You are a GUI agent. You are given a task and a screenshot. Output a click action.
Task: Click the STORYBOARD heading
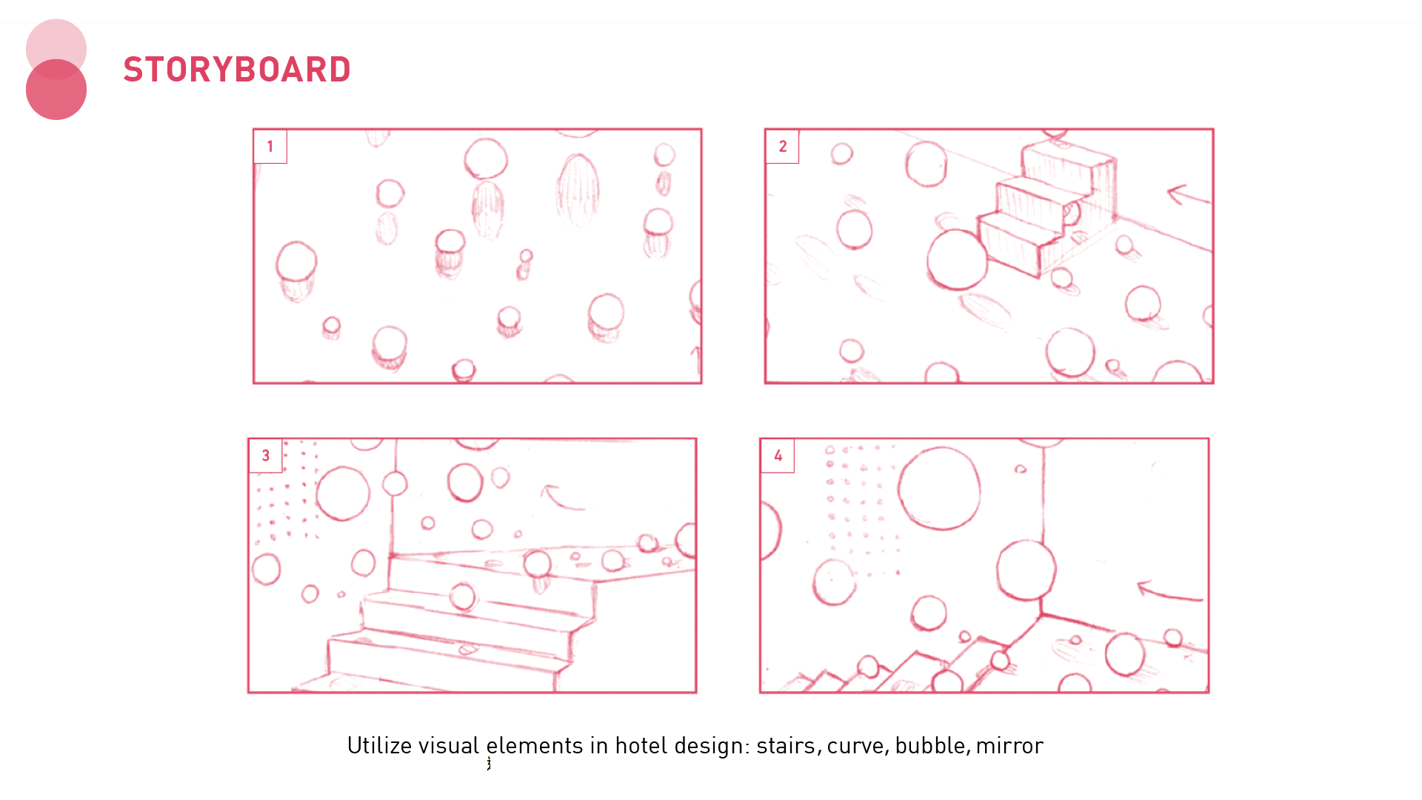point(237,70)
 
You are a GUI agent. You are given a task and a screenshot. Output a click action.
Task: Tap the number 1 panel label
point(270,147)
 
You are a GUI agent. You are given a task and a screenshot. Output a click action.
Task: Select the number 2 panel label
point(782,147)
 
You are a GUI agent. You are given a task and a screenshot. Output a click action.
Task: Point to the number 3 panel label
point(265,456)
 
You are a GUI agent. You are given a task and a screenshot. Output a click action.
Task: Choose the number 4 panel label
point(778,456)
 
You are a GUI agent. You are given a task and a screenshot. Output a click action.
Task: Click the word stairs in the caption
point(786,745)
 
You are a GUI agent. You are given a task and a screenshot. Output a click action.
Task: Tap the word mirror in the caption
point(1009,745)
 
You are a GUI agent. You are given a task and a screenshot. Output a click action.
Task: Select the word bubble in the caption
point(930,745)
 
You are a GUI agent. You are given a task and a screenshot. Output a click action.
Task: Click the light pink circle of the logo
point(56,37)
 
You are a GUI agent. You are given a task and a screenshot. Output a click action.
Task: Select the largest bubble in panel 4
point(940,488)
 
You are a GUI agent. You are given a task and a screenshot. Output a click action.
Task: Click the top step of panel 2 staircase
point(1066,157)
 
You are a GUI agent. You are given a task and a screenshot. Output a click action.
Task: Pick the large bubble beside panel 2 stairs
point(957,259)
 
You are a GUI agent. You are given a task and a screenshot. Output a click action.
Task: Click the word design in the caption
point(712,745)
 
